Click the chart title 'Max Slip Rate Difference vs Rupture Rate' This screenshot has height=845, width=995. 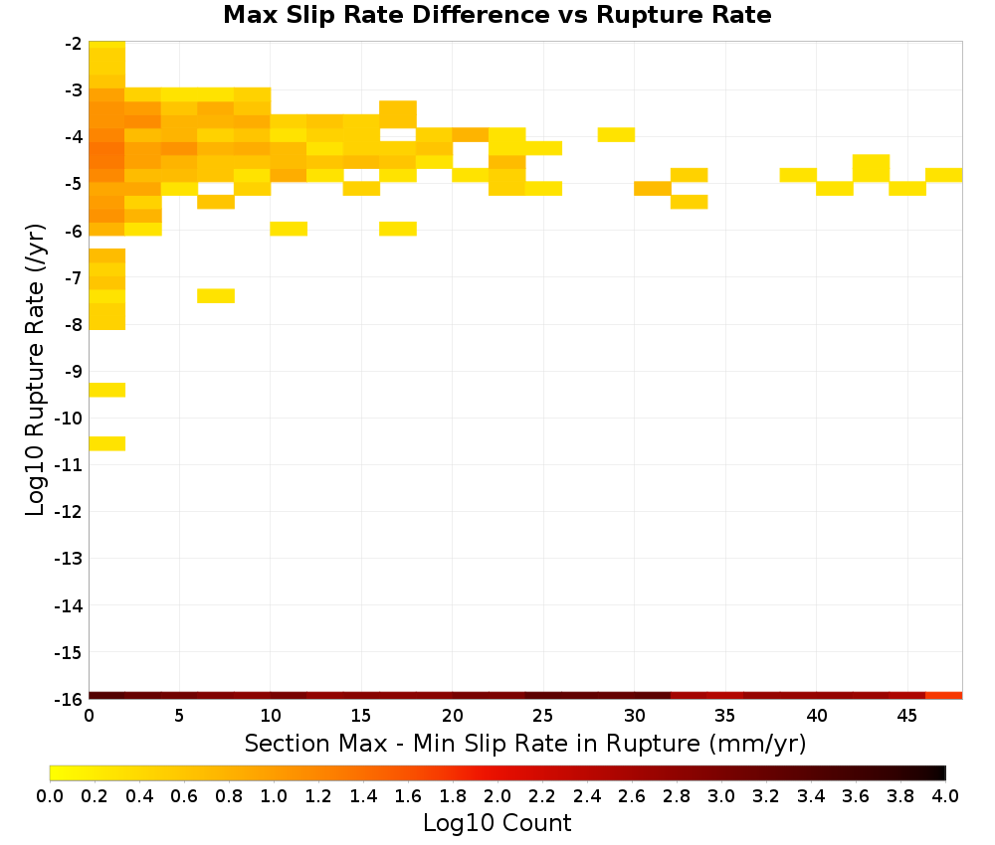click(497, 15)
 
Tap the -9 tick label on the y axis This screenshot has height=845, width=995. click(73, 372)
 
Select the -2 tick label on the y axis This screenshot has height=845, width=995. click(73, 44)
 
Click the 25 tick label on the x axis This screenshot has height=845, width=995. click(543, 716)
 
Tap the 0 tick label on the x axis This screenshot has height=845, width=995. click(89, 716)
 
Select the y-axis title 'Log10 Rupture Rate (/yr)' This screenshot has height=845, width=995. click(35, 370)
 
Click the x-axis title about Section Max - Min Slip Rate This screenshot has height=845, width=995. click(525, 744)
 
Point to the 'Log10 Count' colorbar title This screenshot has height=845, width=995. click(497, 823)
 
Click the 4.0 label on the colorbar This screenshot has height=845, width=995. click(945, 796)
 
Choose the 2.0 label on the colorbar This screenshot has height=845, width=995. click(497, 796)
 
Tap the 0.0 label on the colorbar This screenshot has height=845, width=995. click(50, 796)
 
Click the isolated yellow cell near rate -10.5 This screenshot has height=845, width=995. click(107, 443)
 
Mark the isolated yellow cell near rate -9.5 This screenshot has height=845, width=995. click(107, 390)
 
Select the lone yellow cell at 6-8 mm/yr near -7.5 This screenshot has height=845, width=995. click(216, 296)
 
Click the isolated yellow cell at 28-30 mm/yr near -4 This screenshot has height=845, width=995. click(616, 134)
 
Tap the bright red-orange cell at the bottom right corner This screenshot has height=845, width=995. click(944, 696)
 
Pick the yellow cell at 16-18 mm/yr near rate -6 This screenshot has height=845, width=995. click(398, 229)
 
